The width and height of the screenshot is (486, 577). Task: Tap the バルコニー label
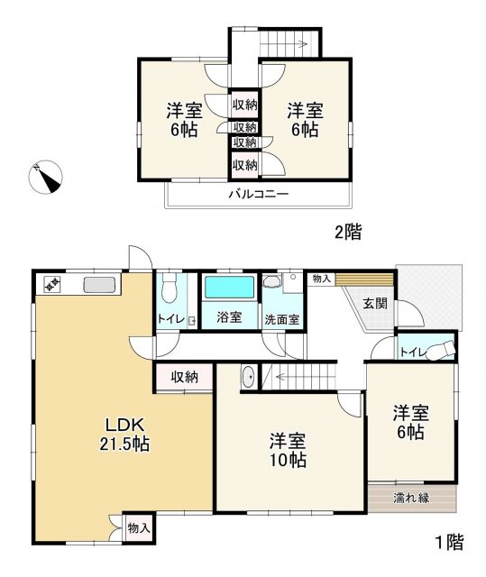[x=257, y=193]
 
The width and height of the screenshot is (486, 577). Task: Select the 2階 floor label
[x=348, y=233]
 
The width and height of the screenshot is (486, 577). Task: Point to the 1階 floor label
[x=448, y=542]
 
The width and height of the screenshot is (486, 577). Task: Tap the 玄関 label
[x=376, y=304]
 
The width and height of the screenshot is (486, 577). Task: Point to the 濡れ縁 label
[x=411, y=498]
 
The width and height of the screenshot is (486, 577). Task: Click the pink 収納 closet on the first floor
[x=184, y=377]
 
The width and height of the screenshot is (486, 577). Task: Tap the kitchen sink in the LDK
[x=99, y=285]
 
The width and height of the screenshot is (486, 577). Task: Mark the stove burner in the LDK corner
[x=50, y=284]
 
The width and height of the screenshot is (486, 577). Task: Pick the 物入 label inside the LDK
[x=138, y=527]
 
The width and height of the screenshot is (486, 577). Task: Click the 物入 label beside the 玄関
[x=321, y=279]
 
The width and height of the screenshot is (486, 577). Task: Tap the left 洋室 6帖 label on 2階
[x=183, y=120]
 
